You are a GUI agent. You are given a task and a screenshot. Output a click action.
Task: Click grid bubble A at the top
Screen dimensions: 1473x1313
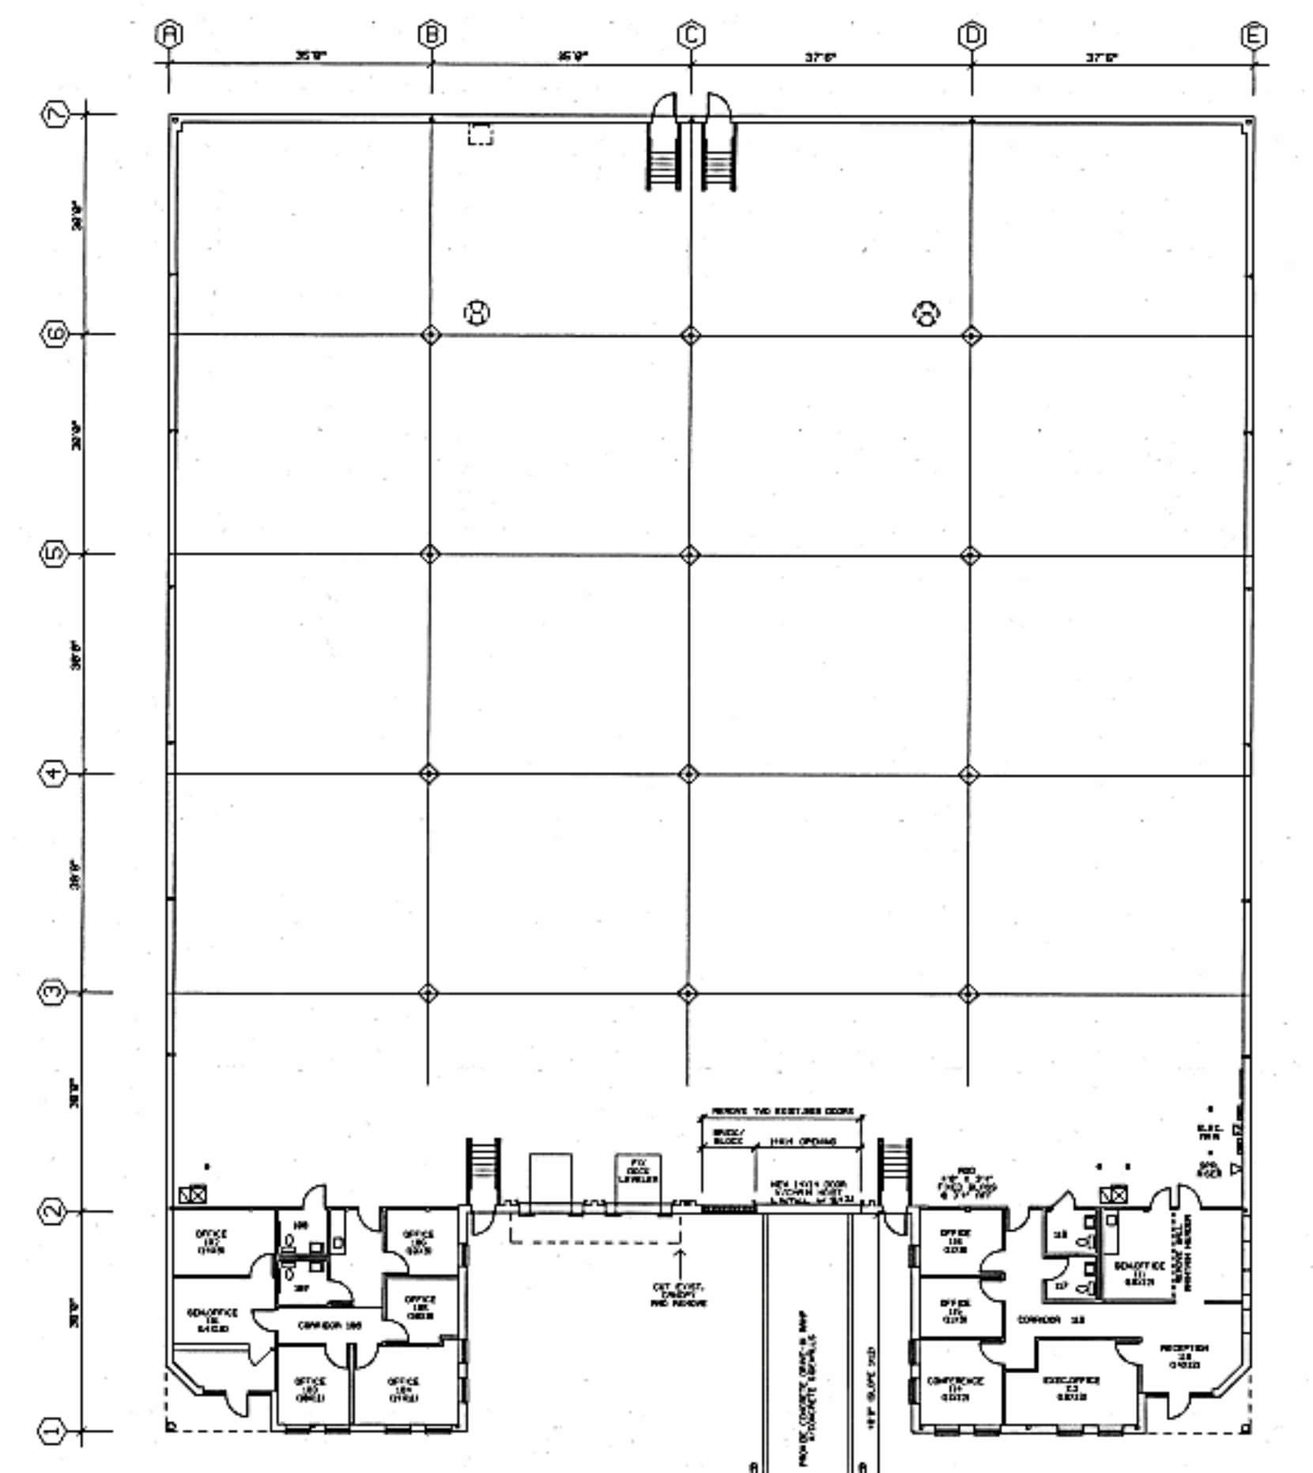point(168,34)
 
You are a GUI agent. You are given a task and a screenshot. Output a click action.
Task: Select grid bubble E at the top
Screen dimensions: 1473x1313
point(1253,36)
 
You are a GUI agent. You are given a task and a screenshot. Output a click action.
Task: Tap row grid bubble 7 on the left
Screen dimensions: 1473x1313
point(55,114)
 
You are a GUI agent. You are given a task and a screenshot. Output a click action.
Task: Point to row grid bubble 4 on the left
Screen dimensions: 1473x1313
point(52,772)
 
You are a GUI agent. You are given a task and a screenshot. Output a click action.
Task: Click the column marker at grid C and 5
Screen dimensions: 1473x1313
point(689,554)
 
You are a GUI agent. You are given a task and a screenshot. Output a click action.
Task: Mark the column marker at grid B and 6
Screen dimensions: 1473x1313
point(430,334)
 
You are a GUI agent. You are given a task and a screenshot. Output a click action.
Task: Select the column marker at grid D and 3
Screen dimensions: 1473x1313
point(968,993)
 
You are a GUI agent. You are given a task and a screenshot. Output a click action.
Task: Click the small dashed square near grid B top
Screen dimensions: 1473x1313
point(480,134)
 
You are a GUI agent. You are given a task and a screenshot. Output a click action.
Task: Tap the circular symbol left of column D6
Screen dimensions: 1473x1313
point(926,313)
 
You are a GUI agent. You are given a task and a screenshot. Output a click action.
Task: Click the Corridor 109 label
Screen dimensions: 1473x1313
point(330,1325)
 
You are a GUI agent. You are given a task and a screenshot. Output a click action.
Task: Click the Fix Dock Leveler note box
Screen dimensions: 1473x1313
point(638,1171)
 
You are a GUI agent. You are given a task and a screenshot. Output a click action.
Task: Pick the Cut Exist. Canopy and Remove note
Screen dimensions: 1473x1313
point(678,1294)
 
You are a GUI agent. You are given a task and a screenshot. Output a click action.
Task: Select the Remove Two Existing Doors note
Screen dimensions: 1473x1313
point(782,1111)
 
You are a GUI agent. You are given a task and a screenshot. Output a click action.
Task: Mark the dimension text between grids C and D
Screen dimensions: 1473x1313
point(821,57)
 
